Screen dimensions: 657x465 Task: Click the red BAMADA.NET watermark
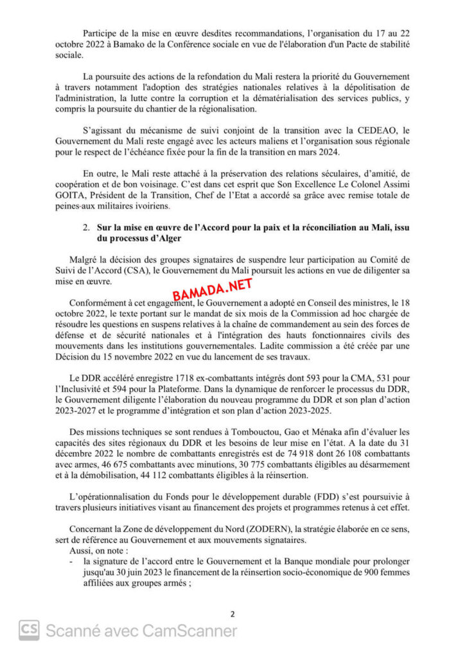click(213, 291)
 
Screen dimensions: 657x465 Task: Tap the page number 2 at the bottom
click(232, 614)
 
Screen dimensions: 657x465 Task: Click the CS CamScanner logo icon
click(29, 630)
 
